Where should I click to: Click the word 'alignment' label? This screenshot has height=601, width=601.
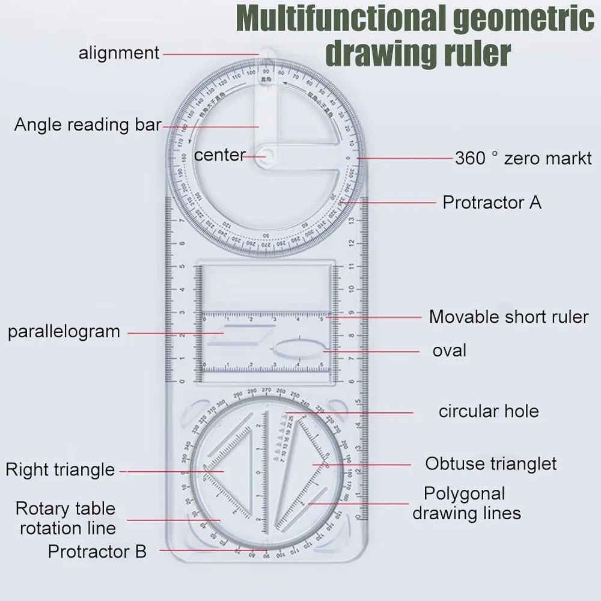pos(119,53)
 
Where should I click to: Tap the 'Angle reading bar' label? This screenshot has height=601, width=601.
pos(88,125)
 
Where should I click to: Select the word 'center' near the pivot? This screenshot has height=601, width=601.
pos(219,155)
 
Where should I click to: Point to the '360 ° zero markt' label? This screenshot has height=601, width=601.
pos(523,158)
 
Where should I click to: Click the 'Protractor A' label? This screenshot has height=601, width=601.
pos(492,203)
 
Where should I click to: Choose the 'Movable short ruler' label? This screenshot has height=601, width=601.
pos(508,317)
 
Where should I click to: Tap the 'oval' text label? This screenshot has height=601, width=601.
pos(449,350)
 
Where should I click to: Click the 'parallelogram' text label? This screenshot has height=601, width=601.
pos(64,332)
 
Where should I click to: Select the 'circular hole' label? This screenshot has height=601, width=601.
pos(488,411)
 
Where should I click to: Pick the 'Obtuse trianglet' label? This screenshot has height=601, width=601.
pos(490,464)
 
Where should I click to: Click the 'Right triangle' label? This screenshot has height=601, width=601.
pos(60,469)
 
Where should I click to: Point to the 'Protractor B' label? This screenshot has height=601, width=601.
pos(97,551)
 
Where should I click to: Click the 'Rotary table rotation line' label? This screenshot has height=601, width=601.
pos(67,518)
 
